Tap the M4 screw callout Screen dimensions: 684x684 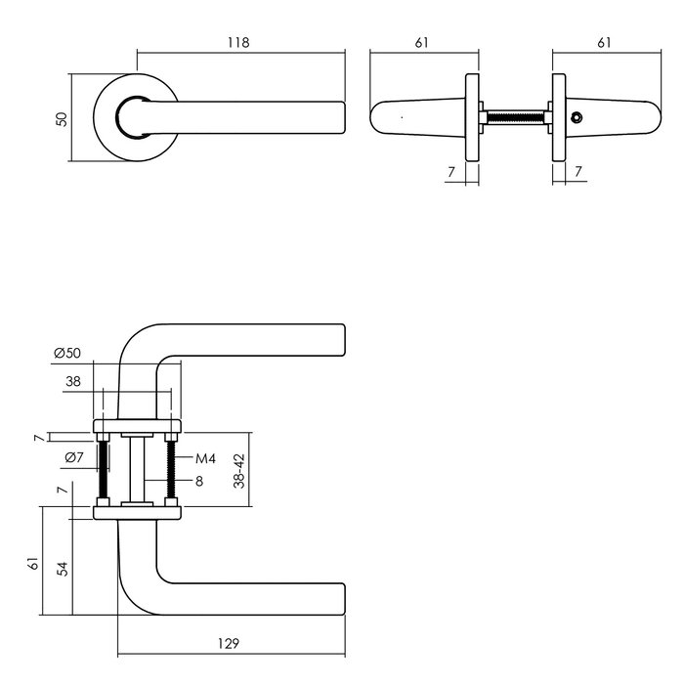point(205,458)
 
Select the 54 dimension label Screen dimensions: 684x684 point(63,569)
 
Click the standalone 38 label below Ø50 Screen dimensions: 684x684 point(72,384)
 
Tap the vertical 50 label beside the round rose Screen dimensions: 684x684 point(62,118)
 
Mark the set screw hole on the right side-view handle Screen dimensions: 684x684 point(576,119)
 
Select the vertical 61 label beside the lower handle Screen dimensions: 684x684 point(33,564)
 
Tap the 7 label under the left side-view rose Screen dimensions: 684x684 point(450,172)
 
